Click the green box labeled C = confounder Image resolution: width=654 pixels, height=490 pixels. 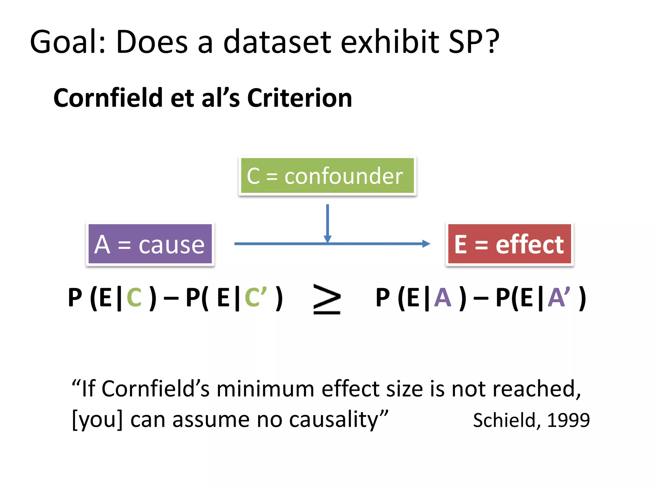click(x=327, y=176)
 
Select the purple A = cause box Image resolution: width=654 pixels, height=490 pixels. click(x=150, y=244)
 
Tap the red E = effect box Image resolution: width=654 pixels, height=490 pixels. click(x=509, y=244)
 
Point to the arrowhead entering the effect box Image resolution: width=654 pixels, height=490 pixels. click(x=426, y=244)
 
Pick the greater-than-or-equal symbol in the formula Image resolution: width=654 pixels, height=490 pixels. click(x=327, y=299)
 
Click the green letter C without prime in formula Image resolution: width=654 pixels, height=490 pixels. click(x=134, y=298)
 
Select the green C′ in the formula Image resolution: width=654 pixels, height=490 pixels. click(x=255, y=298)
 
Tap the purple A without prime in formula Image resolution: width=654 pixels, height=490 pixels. click(x=442, y=298)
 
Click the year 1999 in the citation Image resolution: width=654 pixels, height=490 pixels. click(x=568, y=420)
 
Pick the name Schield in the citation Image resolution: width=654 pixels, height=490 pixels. click(x=506, y=420)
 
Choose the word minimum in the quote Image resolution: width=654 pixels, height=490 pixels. click(x=265, y=389)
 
